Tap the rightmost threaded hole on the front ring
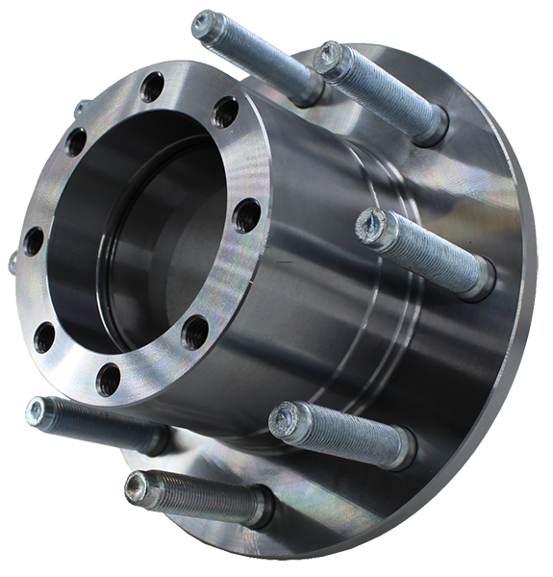247,213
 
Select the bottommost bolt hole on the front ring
109,377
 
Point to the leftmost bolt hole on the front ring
33,240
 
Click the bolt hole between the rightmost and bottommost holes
195,332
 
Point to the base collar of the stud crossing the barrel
476,278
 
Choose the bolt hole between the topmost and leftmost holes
74,144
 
